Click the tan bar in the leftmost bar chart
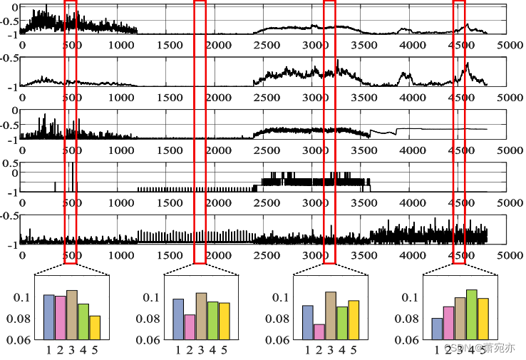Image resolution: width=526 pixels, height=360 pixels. (x=71, y=314)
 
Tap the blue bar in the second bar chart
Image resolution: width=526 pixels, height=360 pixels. (x=178, y=319)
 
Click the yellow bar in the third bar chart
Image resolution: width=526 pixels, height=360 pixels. (x=354, y=319)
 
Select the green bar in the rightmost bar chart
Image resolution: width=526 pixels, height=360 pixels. (x=471, y=314)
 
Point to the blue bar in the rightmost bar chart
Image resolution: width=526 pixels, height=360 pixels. (x=437, y=329)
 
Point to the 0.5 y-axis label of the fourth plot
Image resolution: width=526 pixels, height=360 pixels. (x=9, y=163)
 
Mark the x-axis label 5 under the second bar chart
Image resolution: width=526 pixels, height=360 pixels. (x=224, y=350)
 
